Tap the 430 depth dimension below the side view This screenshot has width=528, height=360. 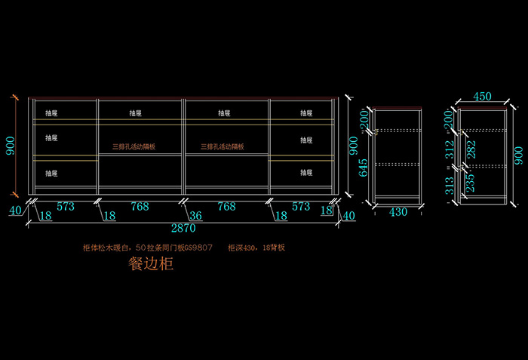(398, 213)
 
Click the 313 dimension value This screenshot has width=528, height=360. (451, 186)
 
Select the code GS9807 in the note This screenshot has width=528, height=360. (198, 248)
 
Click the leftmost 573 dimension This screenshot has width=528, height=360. (65, 206)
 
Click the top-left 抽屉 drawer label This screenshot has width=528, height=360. (51, 113)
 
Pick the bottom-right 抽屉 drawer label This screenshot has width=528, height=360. (306, 173)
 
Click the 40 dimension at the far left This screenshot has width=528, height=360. (14, 211)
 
